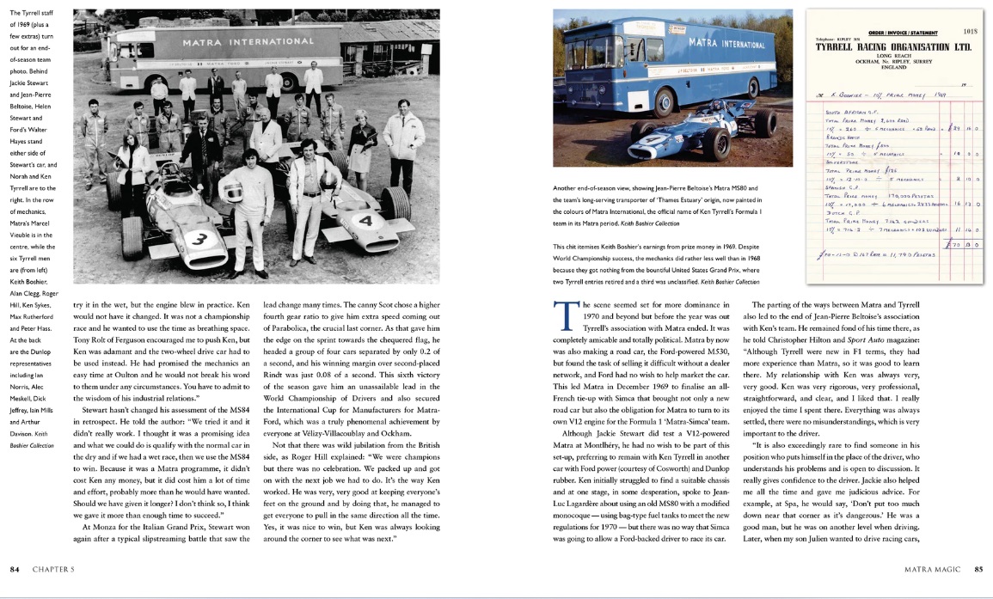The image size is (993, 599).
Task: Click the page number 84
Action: tap(15, 569)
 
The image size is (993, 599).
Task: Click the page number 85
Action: tap(978, 569)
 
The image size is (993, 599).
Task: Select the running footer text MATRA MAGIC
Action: tap(932, 569)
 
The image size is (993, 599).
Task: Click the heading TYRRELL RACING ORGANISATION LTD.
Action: tap(894, 48)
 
